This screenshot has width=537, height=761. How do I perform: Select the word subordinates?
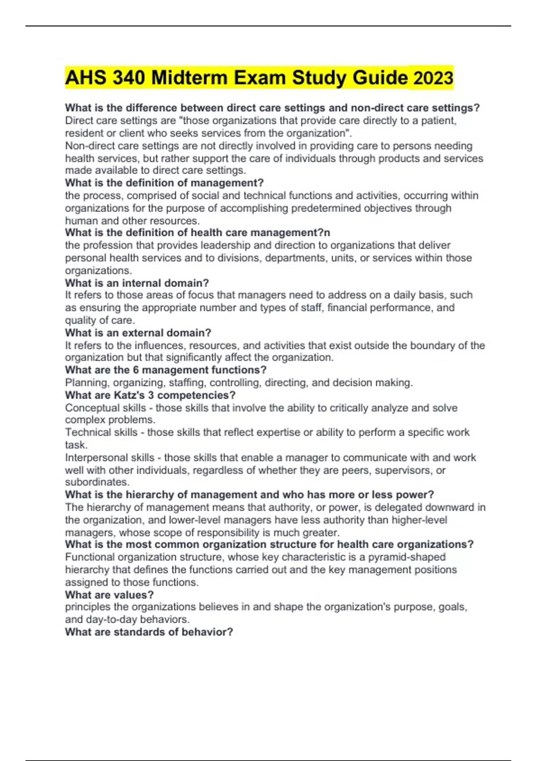point(97,482)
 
